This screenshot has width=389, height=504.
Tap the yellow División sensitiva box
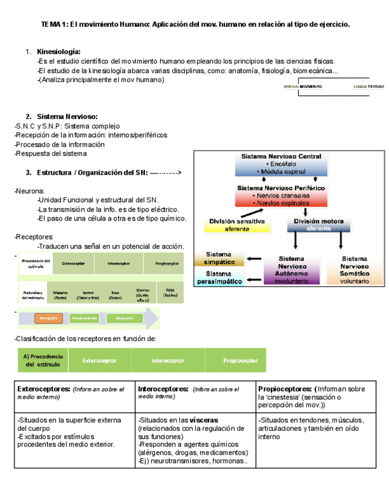pyautogui.click(x=237, y=225)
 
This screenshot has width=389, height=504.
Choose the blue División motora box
pyautogui.click(x=315, y=225)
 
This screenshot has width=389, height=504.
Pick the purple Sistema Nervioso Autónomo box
pyautogui.click(x=291, y=270)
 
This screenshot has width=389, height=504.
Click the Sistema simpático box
pyautogui.click(x=219, y=258)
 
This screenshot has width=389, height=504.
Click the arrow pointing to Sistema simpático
pyautogui.click(x=254, y=259)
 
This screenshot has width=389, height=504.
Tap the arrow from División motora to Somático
pyautogui.click(x=341, y=240)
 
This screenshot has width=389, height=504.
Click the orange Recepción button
pyautogui.click(x=48, y=319)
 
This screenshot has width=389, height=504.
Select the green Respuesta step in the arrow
pyautogui.click(x=124, y=319)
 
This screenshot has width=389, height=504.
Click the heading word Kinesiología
pyautogui.click(x=59, y=52)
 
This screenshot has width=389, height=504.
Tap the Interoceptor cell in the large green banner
pyautogui.click(x=167, y=360)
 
